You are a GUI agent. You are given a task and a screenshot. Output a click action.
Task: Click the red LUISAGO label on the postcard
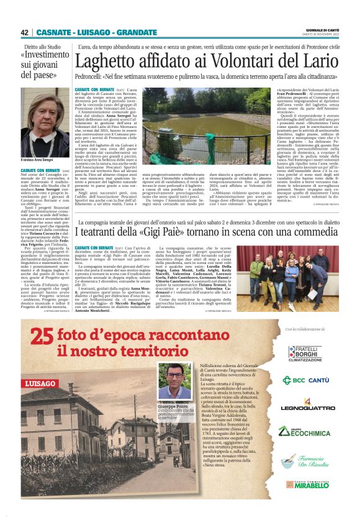point(41,383)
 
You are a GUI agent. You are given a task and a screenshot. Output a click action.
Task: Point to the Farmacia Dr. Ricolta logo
point(304,460)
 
